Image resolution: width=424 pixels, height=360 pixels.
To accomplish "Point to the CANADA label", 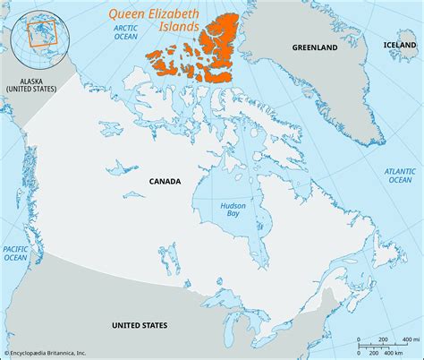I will [x=165, y=181].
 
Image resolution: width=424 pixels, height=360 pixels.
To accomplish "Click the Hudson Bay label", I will [x=234, y=211].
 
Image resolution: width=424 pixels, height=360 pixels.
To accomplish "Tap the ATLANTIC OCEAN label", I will [x=400, y=175].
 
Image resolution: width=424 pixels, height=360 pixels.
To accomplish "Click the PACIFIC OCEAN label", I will [x=15, y=253].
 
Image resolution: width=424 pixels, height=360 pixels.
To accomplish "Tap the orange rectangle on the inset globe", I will [x=42, y=33].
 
